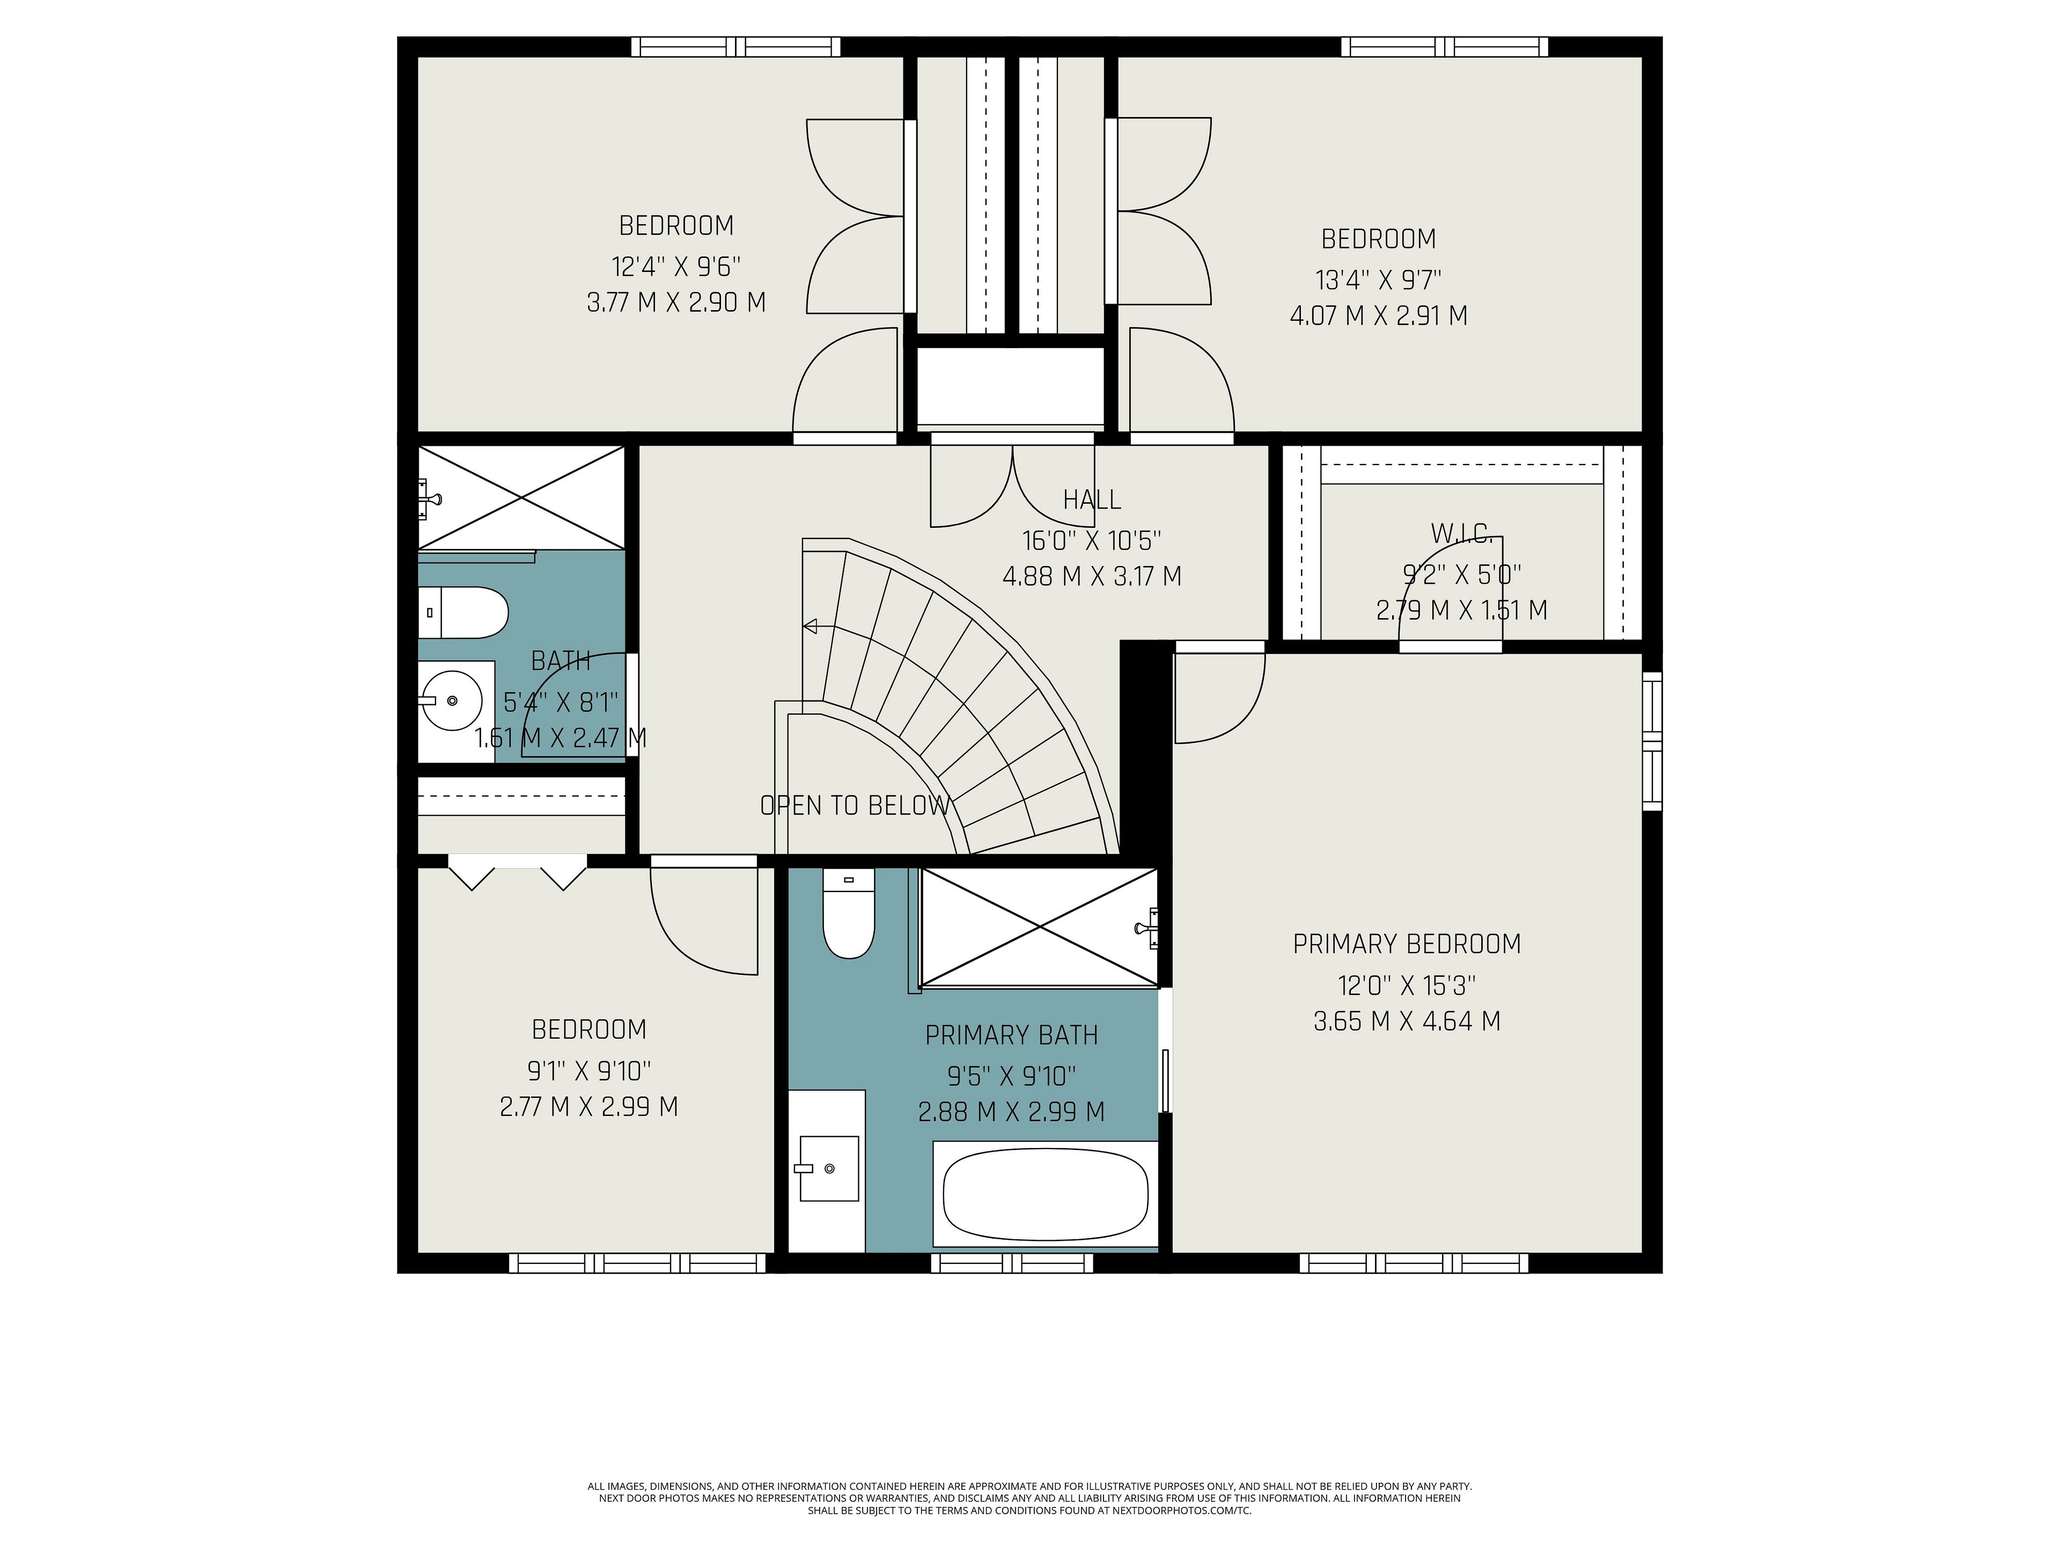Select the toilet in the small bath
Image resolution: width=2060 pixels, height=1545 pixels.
point(463,613)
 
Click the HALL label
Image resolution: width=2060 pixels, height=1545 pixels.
point(1092,500)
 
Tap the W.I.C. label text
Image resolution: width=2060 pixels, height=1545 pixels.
point(1461,534)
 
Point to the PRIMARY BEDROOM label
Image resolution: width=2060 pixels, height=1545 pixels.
point(1406,944)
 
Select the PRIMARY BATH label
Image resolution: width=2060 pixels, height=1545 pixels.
point(1011,1035)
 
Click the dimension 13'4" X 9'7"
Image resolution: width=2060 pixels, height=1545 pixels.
point(1378,279)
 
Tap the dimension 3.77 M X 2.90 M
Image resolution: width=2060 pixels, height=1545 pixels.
point(676,303)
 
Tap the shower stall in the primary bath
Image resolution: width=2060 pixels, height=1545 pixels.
point(1039,928)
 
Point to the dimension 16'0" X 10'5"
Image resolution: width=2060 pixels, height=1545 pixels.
point(1092,540)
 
